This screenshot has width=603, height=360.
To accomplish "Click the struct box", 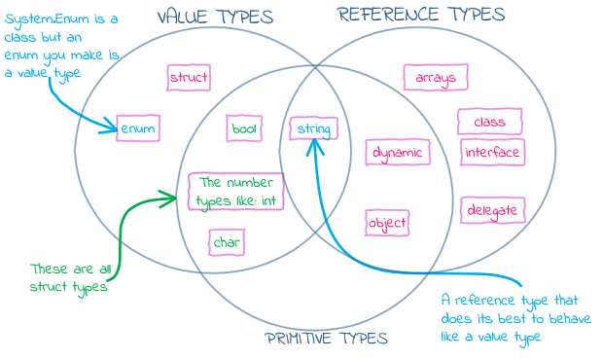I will pyautogui.click(x=189, y=78).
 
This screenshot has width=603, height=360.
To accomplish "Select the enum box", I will pyautogui.click(x=137, y=128).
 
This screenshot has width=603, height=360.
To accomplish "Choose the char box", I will pyautogui.click(x=227, y=242).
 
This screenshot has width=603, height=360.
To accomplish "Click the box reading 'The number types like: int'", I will pyautogui.click(x=236, y=191).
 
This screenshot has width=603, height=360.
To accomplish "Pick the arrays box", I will pyautogui.click(x=436, y=78).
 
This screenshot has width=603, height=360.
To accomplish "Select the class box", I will pyautogui.click(x=489, y=123).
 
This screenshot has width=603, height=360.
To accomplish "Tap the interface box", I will pyautogui.click(x=492, y=153).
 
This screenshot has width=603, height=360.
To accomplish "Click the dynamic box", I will pyautogui.click(x=397, y=153).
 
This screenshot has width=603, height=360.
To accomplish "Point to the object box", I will pyautogui.click(x=387, y=223).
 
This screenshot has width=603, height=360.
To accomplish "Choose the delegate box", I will pyautogui.click(x=491, y=210).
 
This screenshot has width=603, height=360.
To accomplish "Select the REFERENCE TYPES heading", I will pyautogui.click(x=421, y=15).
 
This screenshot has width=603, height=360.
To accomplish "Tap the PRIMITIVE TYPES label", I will pyautogui.click(x=326, y=339).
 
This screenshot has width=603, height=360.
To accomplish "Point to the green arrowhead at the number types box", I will pyautogui.click(x=174, y=199).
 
